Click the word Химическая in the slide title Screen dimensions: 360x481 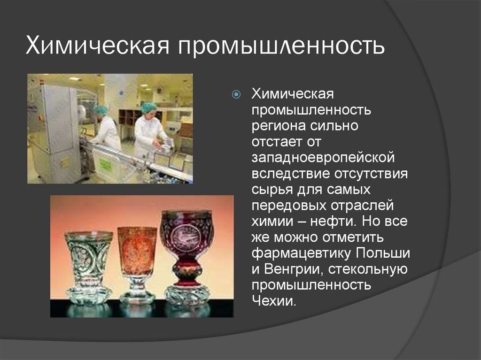coord(96,46)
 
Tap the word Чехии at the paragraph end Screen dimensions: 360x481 coord(274,301)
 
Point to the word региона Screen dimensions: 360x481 coord(278,126)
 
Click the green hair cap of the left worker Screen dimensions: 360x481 coord(101,110)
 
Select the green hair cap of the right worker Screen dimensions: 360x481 coord(148,107)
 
